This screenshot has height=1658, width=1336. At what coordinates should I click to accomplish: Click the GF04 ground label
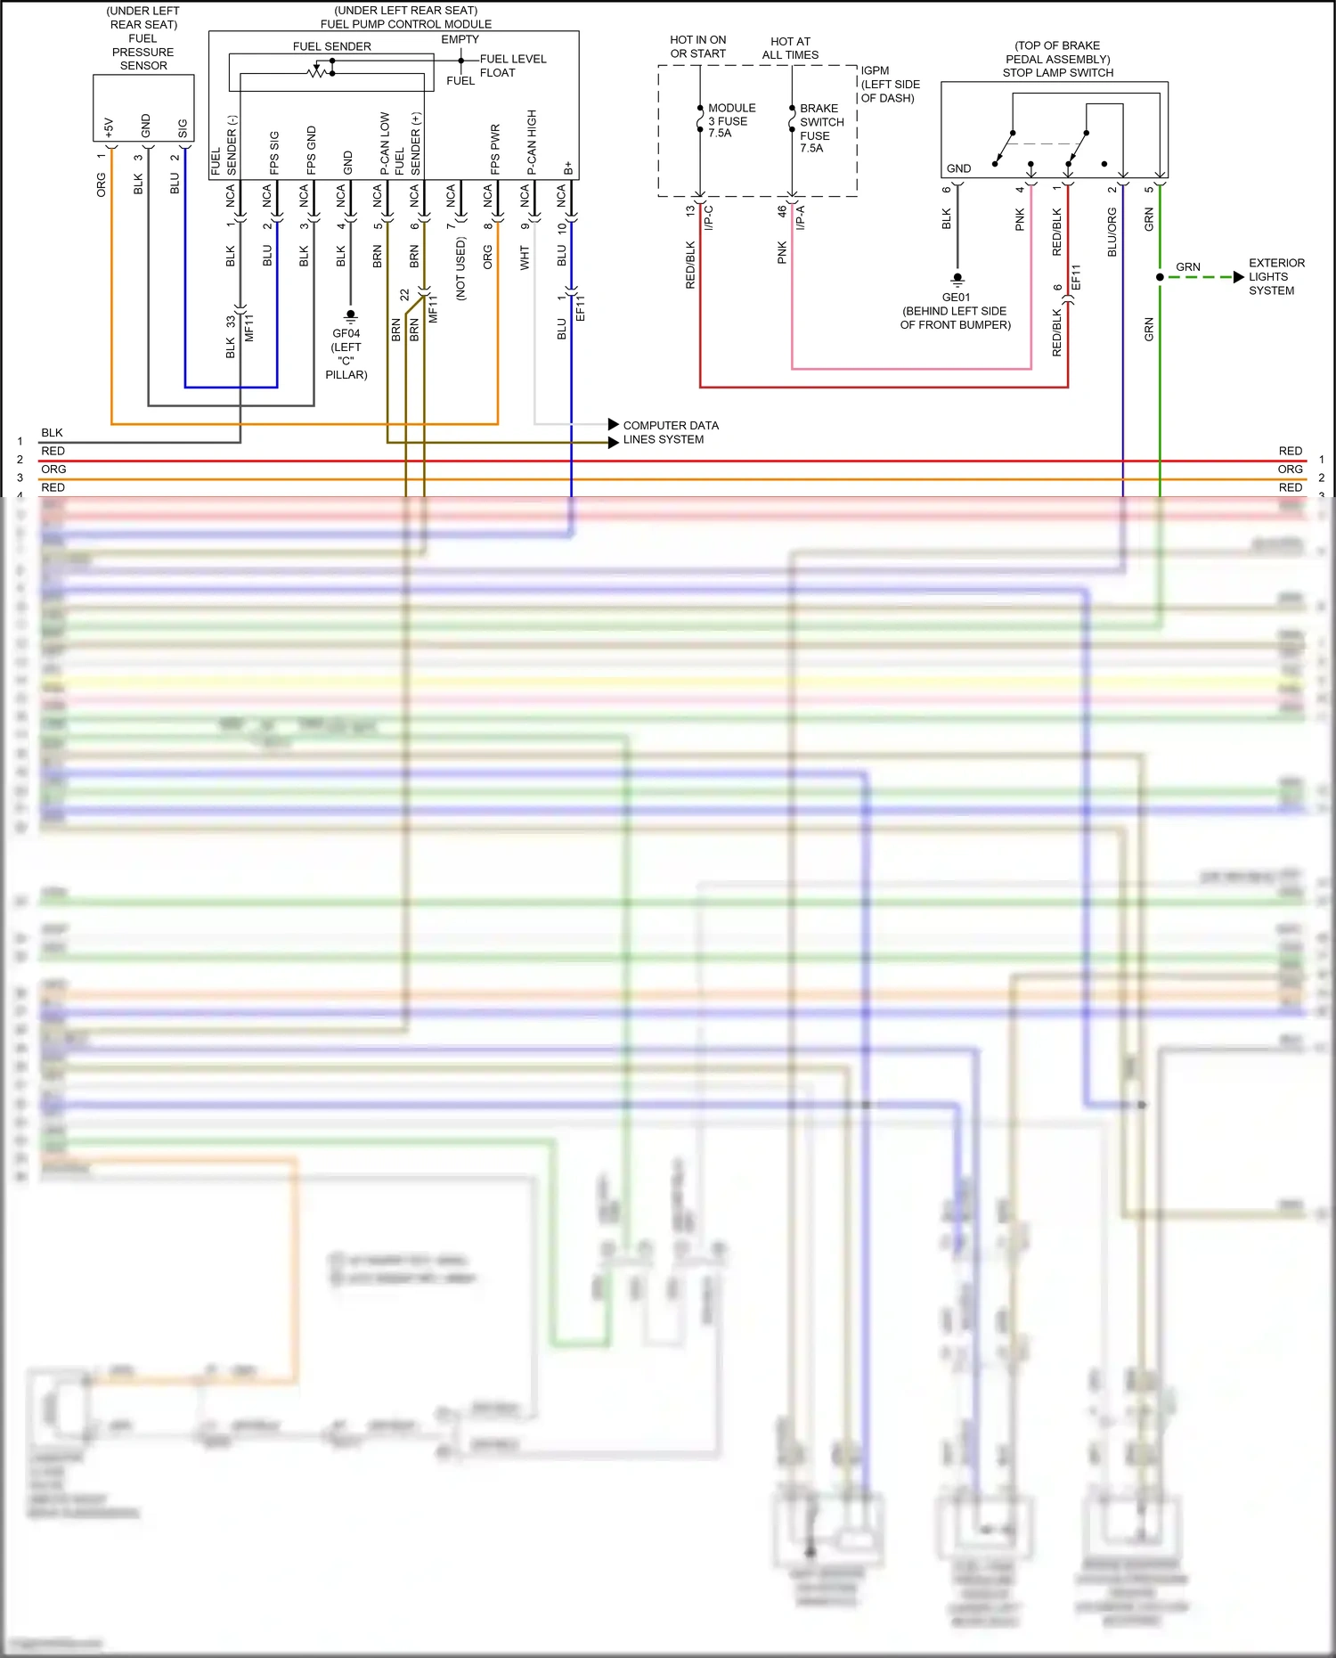pos(346,334)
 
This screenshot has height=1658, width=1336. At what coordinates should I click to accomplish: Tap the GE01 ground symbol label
pos(956,298)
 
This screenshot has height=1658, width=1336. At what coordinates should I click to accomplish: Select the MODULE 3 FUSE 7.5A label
pos(730,120)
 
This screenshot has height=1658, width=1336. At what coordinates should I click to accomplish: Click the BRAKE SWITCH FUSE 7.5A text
pos(820,128)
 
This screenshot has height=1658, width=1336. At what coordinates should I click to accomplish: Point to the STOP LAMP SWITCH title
pos(1057,73)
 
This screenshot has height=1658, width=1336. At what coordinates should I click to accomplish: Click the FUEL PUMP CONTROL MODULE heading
pos(406,24)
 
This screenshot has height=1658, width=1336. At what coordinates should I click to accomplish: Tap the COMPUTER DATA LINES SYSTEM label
pos(670,432)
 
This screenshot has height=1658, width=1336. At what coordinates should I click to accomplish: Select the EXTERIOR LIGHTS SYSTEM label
pos(1275,277)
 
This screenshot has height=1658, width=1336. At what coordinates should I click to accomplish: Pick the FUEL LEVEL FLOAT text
pos(512,66)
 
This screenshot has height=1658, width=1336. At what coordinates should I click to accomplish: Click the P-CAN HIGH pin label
pos(532,143)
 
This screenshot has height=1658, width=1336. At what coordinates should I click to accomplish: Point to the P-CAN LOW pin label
pos(385,143)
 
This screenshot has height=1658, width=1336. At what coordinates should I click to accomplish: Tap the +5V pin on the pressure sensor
pos(109,127)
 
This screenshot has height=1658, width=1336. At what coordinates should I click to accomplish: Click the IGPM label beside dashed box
pos(875,70)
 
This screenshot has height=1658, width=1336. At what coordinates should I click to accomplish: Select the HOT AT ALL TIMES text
pos(790,48)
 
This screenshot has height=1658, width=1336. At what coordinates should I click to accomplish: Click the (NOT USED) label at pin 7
pos(460,268)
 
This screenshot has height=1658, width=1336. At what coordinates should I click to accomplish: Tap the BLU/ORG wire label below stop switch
pos(1112,233)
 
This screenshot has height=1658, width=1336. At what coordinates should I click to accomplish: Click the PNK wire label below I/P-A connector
pos(782,252)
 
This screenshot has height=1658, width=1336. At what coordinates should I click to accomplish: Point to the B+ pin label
pos(568,168)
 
